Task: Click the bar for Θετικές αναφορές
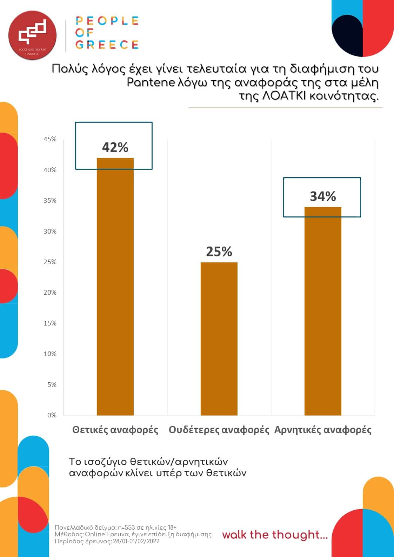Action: (115, 287)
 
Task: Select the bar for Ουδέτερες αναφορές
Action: (219, 339)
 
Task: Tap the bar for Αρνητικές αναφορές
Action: (323, 311)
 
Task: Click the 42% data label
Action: (115, 148)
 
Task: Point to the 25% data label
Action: (219, 252)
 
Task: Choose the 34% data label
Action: (323, 196)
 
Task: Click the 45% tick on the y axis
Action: (50, 139)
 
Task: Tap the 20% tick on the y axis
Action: (50, 293)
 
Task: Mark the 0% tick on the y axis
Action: (52, 415)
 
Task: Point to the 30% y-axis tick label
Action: (50, 231)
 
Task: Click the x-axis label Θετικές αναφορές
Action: (115, 430)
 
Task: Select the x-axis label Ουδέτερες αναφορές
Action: (219, 430)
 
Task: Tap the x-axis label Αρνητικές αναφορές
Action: (323, 430)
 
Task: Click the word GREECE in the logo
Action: (107, 45)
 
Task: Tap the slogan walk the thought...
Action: (275, 535)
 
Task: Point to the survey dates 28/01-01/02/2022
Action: (136, 541)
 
